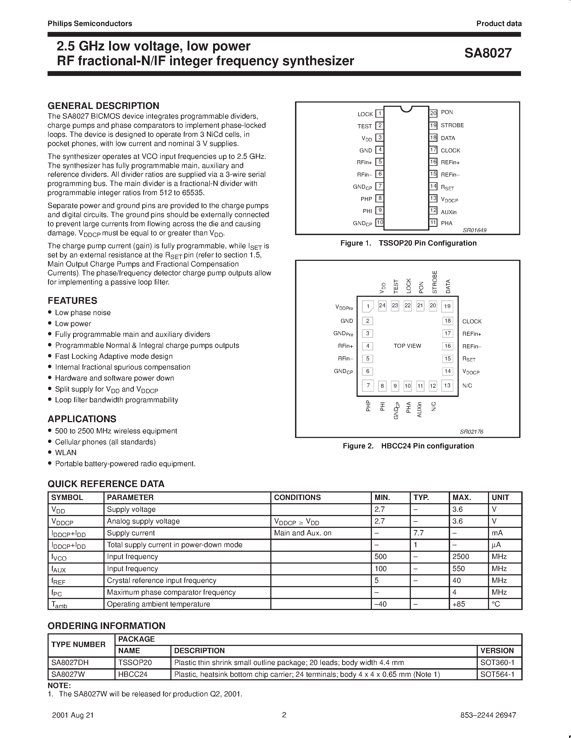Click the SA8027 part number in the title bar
coord(488,53)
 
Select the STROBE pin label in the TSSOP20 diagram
coord(452,125)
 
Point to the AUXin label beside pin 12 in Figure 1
coord(448,212)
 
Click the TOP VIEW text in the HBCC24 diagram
coord(407,346)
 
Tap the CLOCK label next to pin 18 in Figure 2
coord(472,321)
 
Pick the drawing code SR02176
coord(472,432)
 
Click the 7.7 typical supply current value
coord(418,533)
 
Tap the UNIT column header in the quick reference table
coord(500,497)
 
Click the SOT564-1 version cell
coord(497,674)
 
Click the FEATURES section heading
coord(72,301)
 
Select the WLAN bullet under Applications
coord(66,453)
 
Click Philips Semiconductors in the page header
coord(90,24)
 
